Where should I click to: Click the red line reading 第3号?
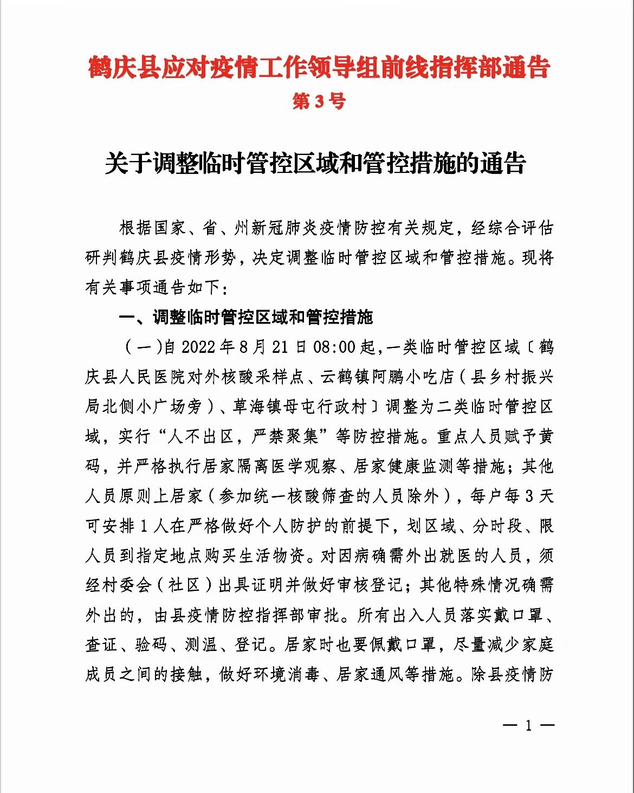coord(318,101)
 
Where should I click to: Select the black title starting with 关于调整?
coord(316,163)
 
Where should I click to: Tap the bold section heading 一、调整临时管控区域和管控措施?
coord(246,317)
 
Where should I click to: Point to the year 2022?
coord(198,347)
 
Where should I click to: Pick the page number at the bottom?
coord(528,725)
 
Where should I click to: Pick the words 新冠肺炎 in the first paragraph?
coord(286,228)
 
